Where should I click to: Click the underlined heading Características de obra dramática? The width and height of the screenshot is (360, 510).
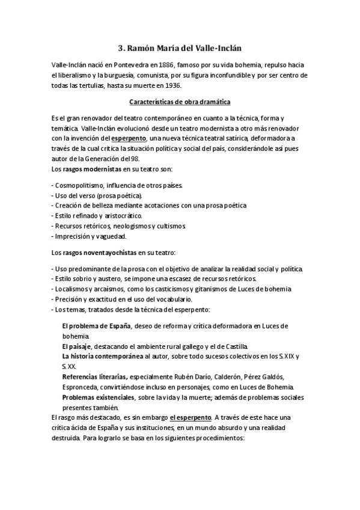(180, 102)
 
